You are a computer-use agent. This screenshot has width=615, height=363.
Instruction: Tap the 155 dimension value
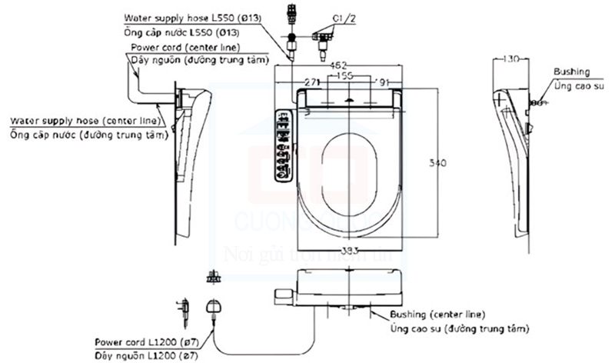pyautogui.click(x=345, y=77)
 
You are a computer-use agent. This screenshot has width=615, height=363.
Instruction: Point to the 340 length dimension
pyautogui.click(x=437, y=162)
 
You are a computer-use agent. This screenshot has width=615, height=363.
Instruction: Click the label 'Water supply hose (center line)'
pyautogui.click(x=85, y=121)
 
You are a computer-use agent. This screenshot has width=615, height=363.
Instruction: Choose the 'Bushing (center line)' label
pyautogui.click(x=436, y=315)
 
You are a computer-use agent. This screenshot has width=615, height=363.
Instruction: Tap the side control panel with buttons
pyautogui.click(x=283, y=146)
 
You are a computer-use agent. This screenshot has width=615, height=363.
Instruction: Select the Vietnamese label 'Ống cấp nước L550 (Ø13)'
pyautogui.click(x=181, y=32)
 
